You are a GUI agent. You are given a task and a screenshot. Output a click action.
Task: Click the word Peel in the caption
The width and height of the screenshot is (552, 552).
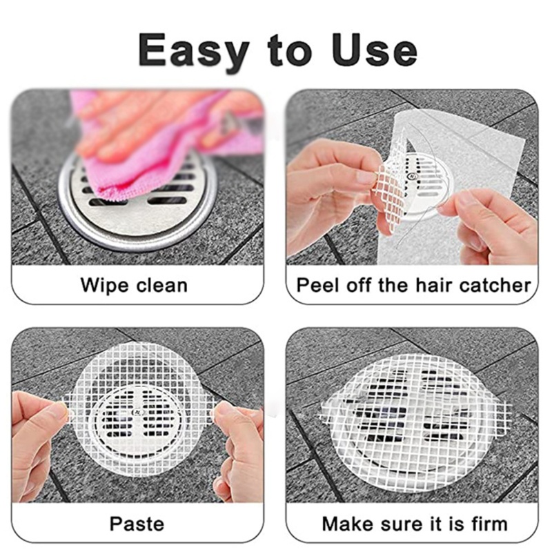(x=315, y=285)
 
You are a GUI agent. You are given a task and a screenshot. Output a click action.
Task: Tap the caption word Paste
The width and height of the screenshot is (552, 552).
(x=137, y=523)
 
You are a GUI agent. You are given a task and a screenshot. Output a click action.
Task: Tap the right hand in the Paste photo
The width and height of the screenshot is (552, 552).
(x=238, y=448)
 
